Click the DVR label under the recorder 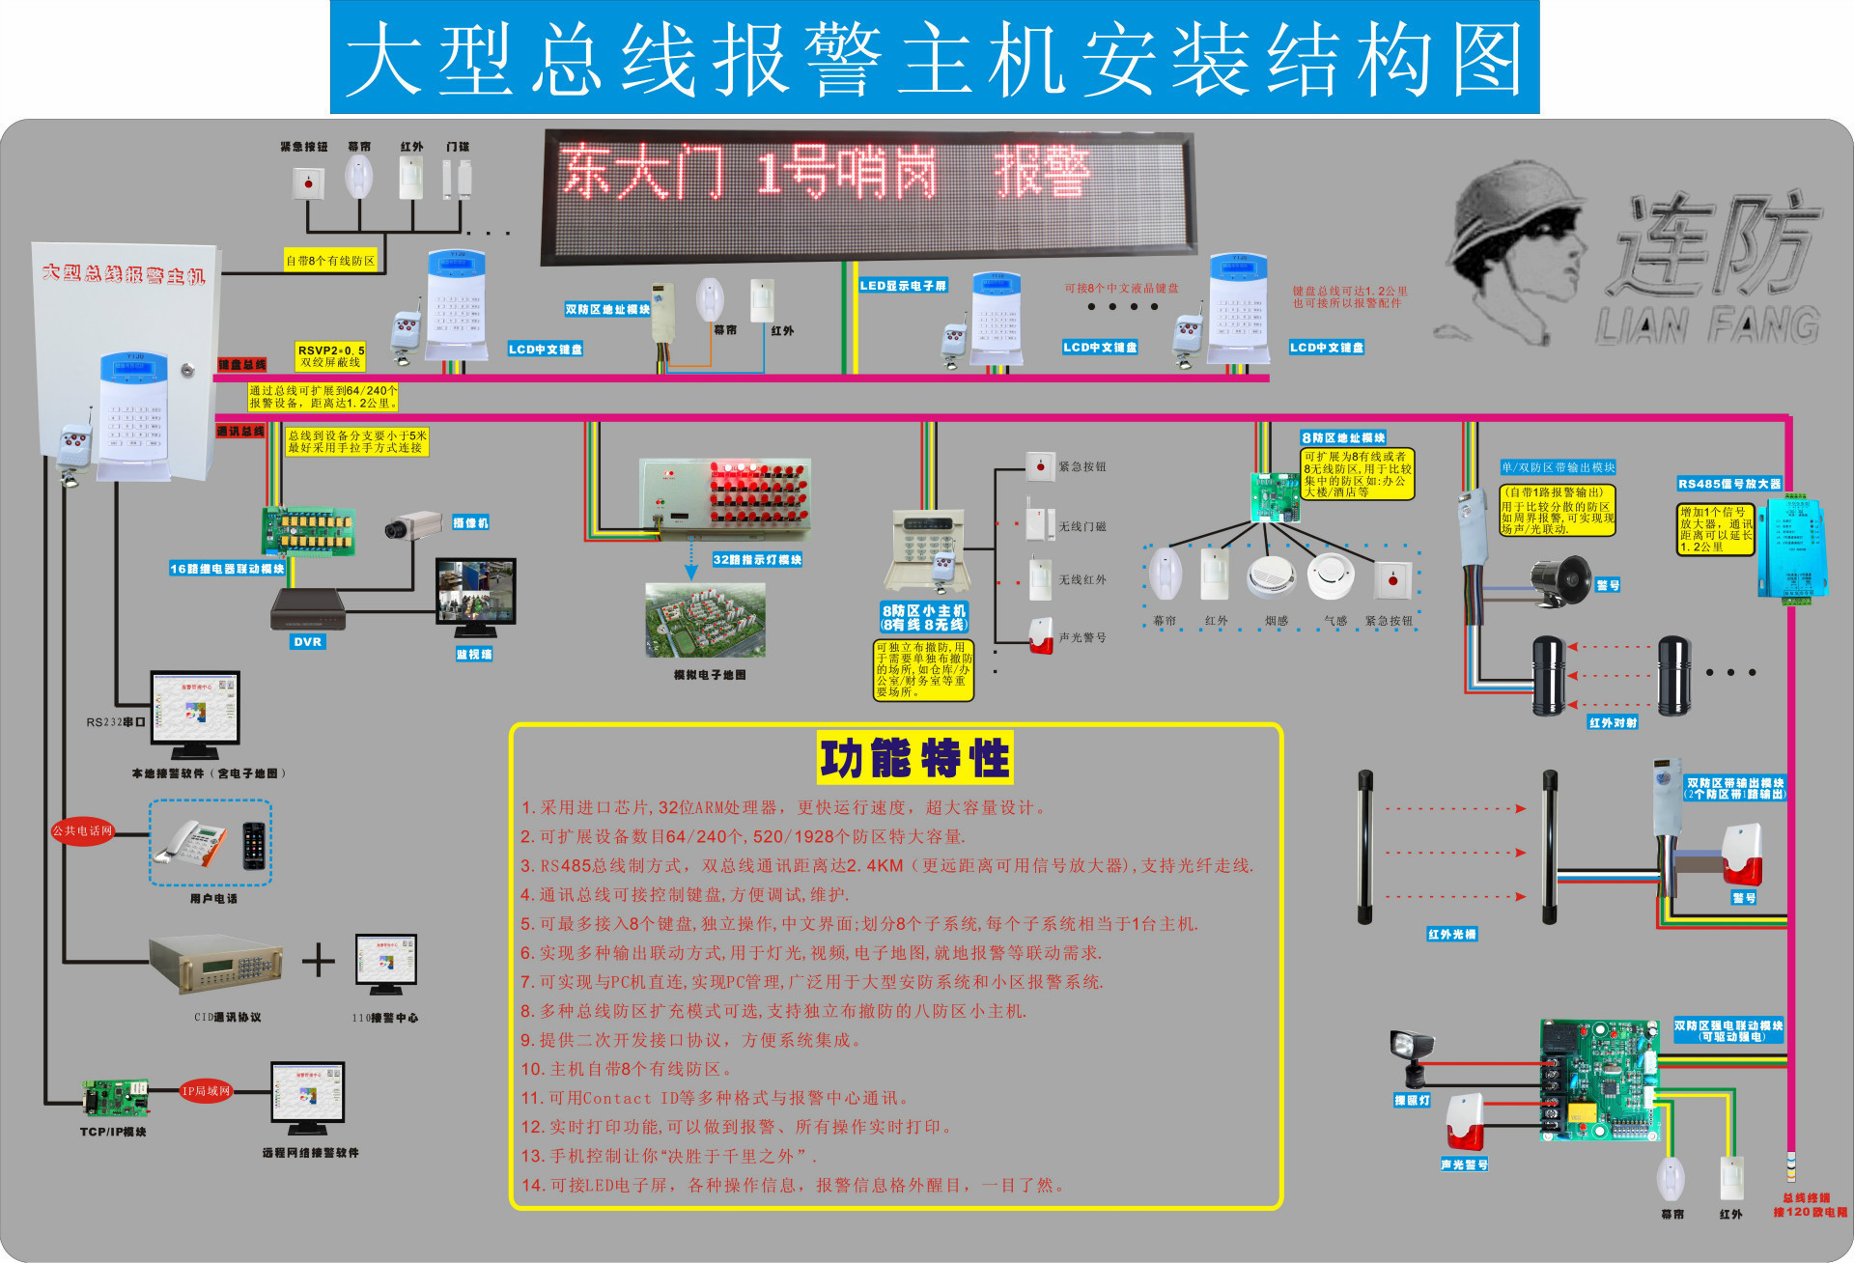pyautogui.click(x=307, y=641)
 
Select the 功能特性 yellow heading pyautogui.click(x=914, y=758)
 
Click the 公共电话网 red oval pyautogui.click(x=83, y=830)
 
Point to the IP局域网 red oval pyautogui.click(x=206, y=1091)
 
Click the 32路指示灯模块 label pyautogui.click(x=757, y=560)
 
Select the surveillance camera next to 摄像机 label pyautogui.click(x=412, y=526)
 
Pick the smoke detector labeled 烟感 pyautogui.click(x=1271, y=577)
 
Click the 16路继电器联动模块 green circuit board pyautogui.click(x=309, y=532)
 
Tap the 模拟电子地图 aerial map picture pyautogui.click(x=705, y=621)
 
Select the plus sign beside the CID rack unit pyautogui.click(x=318, y=961)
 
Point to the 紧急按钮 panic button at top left pyautogui.click(x=308, y=182)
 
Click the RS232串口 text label pyautogui.click(x=115, y=722)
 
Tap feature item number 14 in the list pyautogui.click(x=792, y=1185)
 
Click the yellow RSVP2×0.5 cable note pyautogui.click(x=331, y=356)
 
